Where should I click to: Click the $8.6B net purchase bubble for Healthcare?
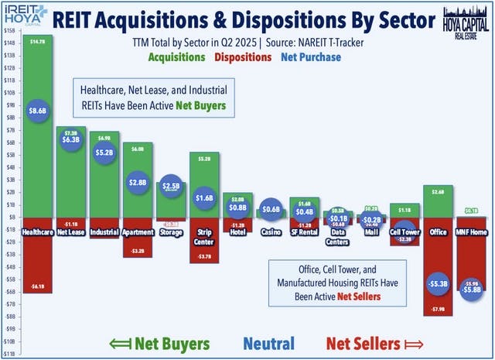[37, 111]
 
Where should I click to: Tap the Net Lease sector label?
[70, 231]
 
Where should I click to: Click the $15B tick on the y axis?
[9, 29]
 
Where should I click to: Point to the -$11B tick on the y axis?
[9, 353]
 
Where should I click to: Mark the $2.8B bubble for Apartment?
[137, 182]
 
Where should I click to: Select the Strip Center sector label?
[203, 235]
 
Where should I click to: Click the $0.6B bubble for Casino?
[271, 210]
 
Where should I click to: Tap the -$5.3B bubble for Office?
[437, 283]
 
